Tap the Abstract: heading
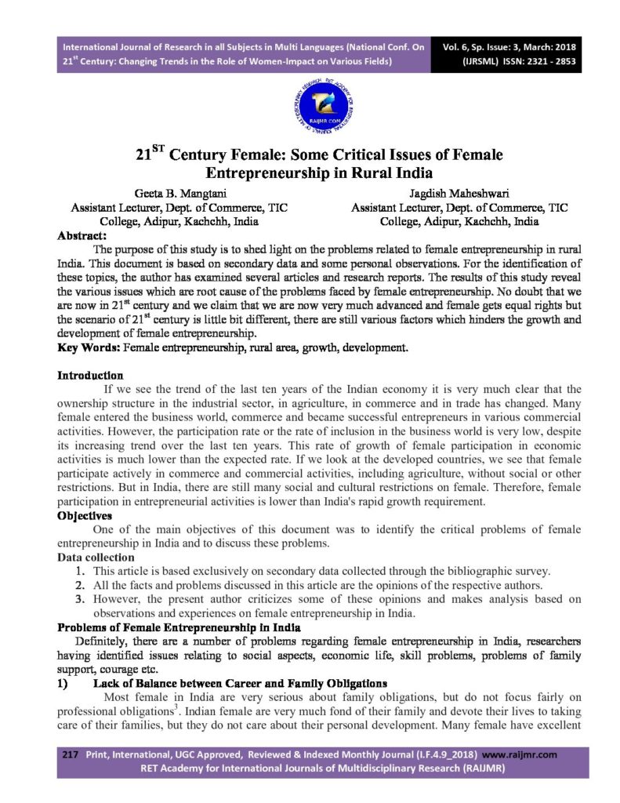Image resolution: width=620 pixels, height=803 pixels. pos(82,234)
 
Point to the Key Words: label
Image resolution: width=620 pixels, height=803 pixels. pos(87,346)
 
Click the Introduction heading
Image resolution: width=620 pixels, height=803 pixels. pos(90,376)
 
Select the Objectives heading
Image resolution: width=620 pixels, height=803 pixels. pos(85,517)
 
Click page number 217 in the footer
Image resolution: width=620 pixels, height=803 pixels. pos(71,754)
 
